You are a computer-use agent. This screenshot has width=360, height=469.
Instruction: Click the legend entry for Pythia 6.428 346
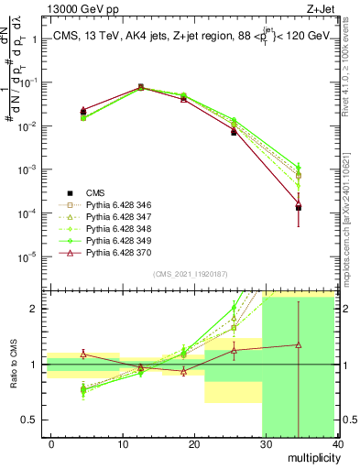[110, 205]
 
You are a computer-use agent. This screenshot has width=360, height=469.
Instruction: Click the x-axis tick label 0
[51, 442]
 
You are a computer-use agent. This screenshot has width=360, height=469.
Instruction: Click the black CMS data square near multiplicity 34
[299, 207]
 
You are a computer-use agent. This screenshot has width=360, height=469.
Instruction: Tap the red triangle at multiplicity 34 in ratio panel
[299, 345]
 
